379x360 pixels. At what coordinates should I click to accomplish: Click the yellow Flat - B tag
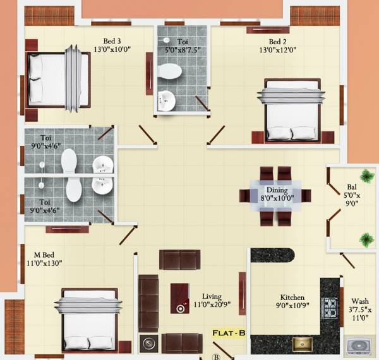click(229, 333)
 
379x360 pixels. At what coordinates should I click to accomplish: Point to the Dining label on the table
click(277, 190)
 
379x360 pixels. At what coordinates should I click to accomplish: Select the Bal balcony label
click(351, 188)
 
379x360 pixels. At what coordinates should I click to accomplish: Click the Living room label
click(212, 296)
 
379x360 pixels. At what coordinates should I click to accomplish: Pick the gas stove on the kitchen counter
click(330, 308)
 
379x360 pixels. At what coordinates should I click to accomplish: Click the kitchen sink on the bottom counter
click(302, 344)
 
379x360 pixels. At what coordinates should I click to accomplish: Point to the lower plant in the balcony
click(365, 238)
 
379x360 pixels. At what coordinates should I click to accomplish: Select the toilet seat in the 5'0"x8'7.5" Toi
click(169, 71)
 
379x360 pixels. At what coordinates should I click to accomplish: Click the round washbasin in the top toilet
click(166, 100)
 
